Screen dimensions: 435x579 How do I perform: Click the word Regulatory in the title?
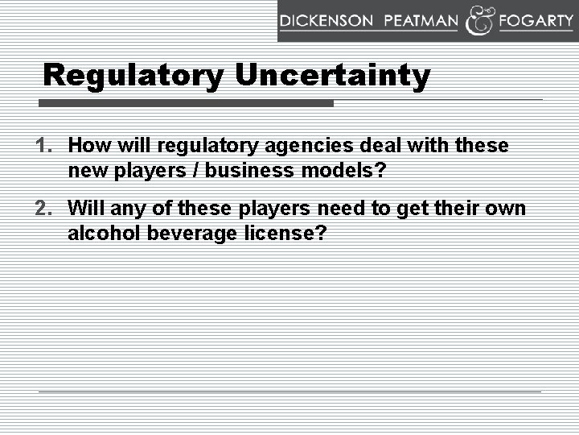(x=134, y=76)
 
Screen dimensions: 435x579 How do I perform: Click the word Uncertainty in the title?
(x=333, y=76)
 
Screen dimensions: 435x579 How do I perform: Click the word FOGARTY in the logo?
(x=536, y=22)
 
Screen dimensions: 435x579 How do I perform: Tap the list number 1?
(x=43, y=146)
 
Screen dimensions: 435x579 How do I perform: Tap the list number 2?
(x=43, y=209)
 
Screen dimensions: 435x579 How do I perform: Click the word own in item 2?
(x=507, y=209)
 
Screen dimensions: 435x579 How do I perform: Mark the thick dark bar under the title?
(x=187, y=103)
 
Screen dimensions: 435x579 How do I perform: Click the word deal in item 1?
(x=381, y=146)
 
